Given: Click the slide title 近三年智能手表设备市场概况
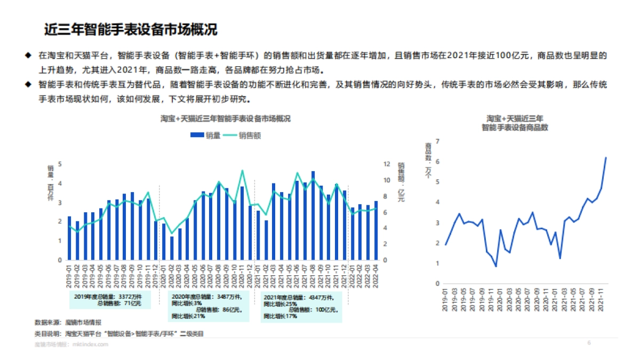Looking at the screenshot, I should (131, 29).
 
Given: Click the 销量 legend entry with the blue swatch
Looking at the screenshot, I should (205, 135).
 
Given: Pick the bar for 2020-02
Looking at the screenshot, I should (171, 248).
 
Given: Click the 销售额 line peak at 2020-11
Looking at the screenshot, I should (243, 171).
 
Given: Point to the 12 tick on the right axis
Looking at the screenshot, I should (387, 164).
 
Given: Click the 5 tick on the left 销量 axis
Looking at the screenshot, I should (60, 164).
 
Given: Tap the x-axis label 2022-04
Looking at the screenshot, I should (377, 275).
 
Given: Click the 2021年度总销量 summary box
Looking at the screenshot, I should (301, 306).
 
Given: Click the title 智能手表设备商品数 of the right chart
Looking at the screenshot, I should (515, 128).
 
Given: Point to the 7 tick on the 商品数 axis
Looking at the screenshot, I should (437, 141).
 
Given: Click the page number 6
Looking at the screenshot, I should (589, 343).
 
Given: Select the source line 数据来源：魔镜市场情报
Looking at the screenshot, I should (68, 323).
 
